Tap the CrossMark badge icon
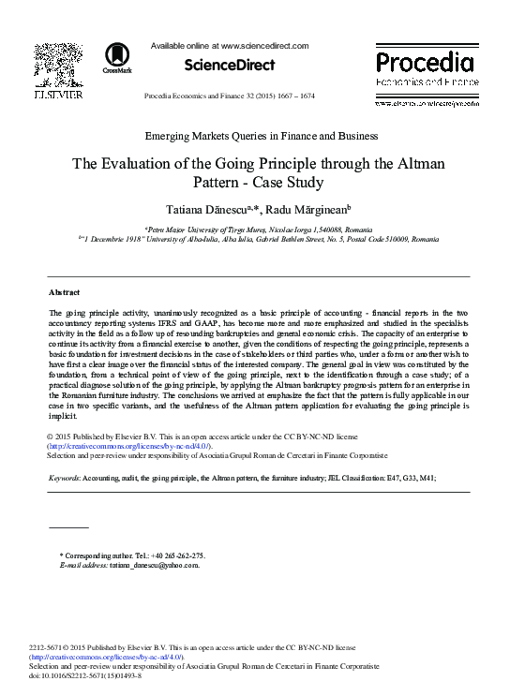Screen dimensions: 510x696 click(117, 57)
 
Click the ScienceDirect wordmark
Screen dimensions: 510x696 click(229, 65)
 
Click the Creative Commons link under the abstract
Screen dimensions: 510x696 click(129, 446)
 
